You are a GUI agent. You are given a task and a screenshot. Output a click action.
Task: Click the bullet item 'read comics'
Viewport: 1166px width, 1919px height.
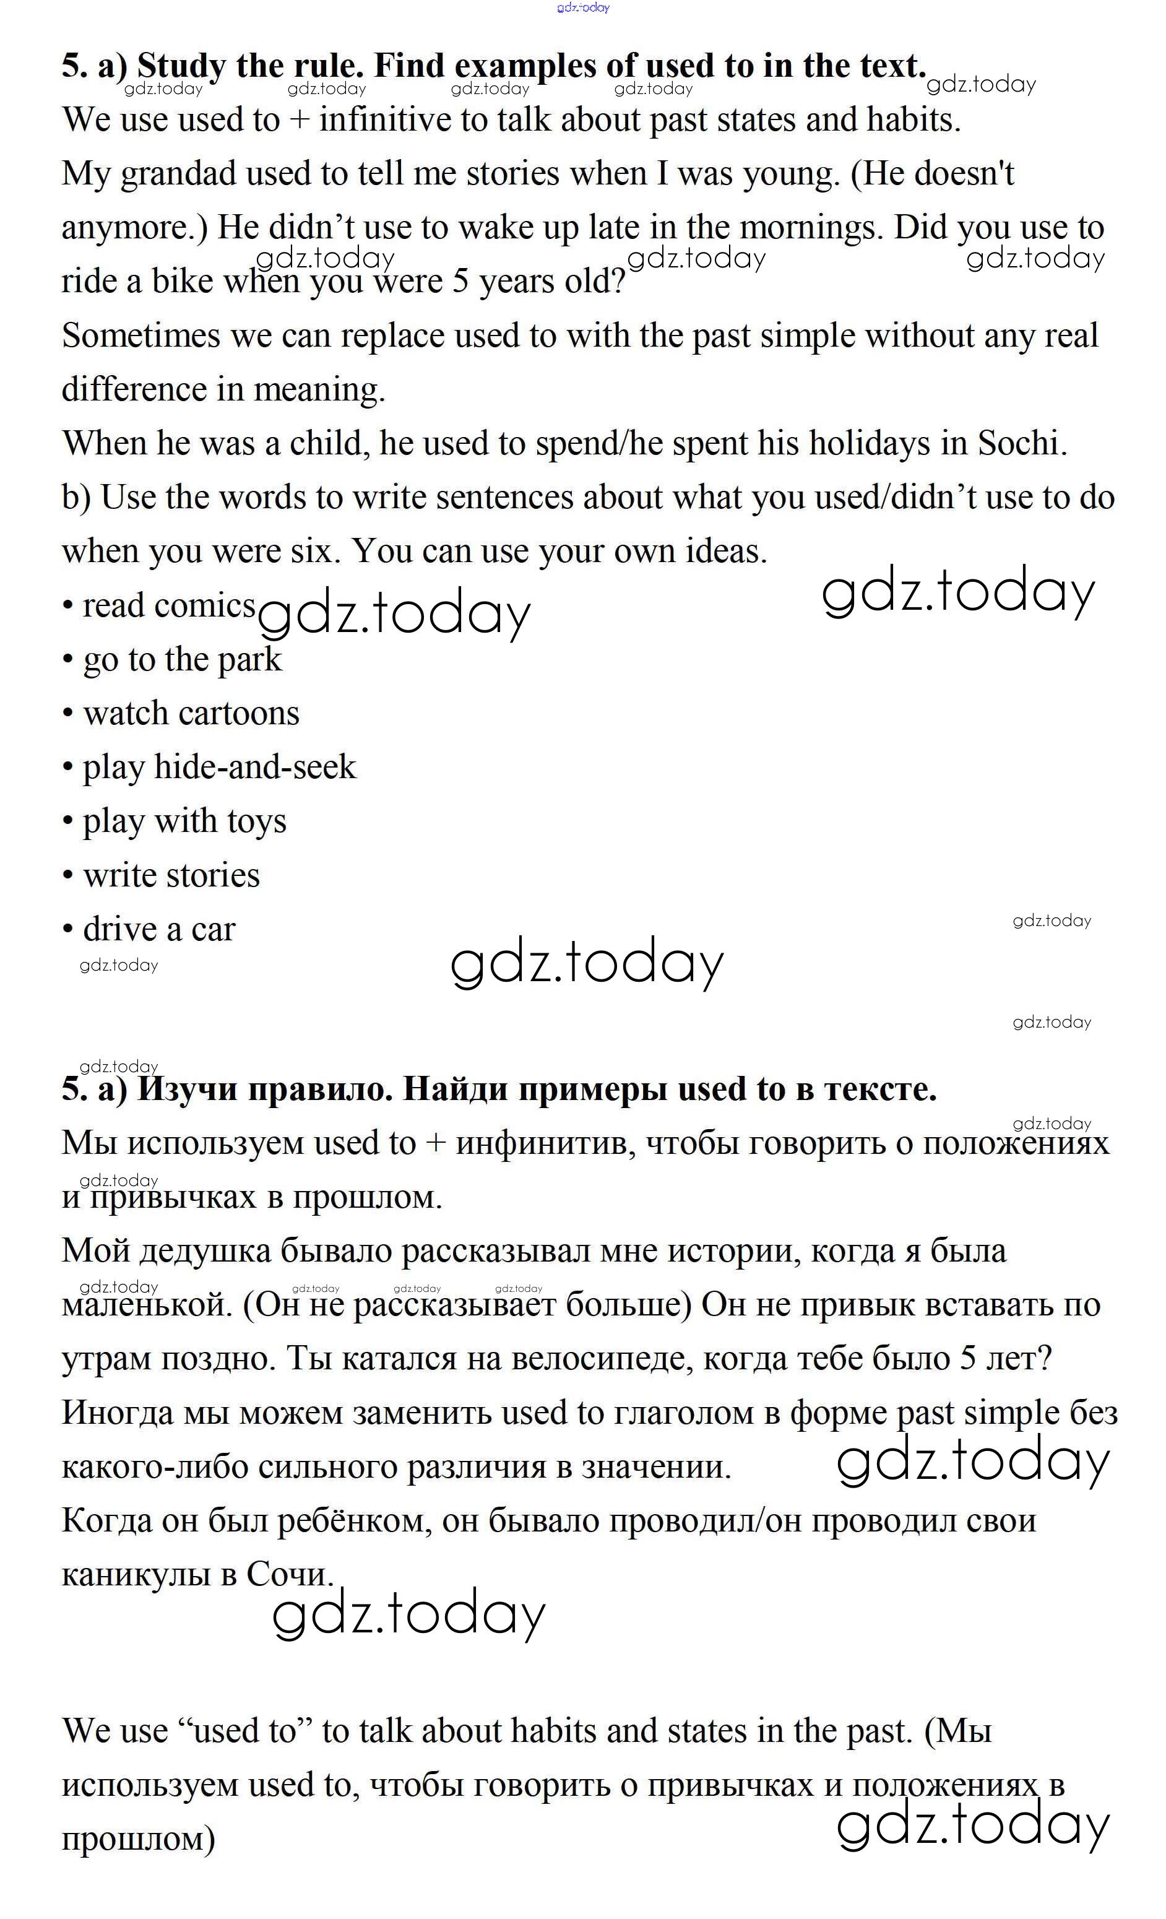point(168,606)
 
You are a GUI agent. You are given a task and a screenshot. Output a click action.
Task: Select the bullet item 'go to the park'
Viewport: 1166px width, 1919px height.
point(181,660)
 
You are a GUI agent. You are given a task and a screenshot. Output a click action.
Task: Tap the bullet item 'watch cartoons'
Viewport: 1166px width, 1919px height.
point(191,713)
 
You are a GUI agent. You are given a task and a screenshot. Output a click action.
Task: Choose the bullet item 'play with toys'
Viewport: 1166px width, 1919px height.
point(184,821)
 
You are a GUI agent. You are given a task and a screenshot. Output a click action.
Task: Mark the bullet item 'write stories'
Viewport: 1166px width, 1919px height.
point(171,875)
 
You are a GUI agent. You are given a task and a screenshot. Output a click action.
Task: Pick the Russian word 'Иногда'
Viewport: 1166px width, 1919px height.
point(117,1413)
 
